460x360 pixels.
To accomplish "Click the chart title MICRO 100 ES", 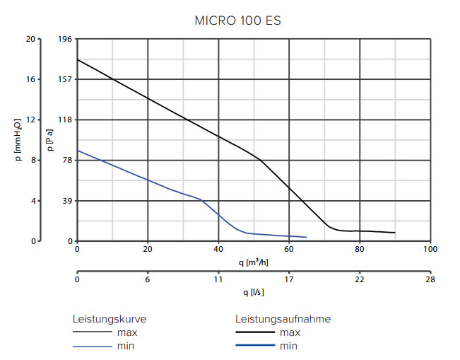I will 237,21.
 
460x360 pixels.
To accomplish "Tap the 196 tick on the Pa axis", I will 66,39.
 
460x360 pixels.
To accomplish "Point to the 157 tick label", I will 66,79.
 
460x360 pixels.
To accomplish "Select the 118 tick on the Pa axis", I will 66,120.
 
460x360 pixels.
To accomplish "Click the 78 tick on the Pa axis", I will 68,161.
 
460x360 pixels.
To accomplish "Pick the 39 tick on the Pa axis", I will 68,201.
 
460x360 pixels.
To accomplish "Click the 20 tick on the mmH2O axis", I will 30,39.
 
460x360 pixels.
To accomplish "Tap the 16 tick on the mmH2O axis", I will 30,79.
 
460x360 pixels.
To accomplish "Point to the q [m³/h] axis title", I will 253,262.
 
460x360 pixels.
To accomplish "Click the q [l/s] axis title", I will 253,292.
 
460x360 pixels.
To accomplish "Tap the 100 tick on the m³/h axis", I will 430,249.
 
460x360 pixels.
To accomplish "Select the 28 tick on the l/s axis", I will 430,279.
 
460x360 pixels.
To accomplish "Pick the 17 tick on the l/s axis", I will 289,279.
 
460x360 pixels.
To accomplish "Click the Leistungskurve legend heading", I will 110,319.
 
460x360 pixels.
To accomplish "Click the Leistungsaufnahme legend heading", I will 283,319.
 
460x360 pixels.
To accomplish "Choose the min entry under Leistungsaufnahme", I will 289,346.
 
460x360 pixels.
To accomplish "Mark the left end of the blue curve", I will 78,151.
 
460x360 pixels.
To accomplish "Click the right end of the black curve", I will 395,233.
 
